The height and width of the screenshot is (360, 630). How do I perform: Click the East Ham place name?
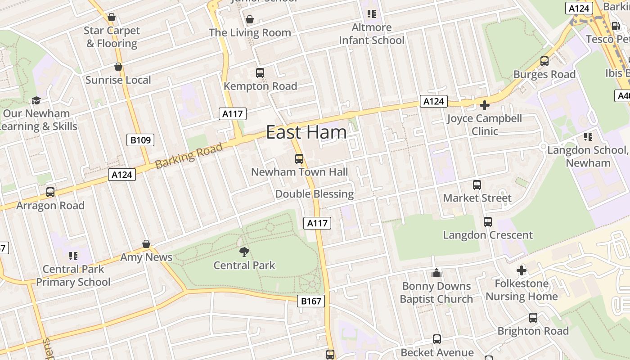tap(306, 132)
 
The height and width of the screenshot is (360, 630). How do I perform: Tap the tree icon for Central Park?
tap(244, 252)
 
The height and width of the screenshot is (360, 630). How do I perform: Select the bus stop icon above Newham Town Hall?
tap(299, 158)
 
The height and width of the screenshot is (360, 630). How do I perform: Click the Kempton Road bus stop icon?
tap(260, 72)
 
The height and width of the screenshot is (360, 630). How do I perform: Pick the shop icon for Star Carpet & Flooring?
tap(112, 18)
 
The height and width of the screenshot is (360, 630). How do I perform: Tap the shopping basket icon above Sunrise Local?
tap(118, 67)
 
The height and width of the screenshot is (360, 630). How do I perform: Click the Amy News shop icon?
tap(146, 244)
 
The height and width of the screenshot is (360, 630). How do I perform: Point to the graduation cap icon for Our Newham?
tap(36, 100)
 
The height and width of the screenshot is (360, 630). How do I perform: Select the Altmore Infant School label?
tap(372, 34)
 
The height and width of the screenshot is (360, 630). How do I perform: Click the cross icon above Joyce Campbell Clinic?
tap(485, 105)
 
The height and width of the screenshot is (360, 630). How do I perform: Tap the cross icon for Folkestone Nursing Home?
tap(522, 270)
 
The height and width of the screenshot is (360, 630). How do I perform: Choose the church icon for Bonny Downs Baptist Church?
tap(436, 273)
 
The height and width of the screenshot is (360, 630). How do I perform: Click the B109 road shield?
tap(140, 140)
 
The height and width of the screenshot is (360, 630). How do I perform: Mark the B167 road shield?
tap(311, 301)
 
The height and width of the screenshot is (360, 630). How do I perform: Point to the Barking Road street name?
tap(189, 156)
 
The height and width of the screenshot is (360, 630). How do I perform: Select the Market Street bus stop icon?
tap(477, 184)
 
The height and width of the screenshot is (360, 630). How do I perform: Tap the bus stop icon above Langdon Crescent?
tap(488, 221)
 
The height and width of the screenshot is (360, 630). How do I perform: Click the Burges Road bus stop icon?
tap(544, 61)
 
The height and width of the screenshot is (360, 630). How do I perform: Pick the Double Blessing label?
tap(315, 194)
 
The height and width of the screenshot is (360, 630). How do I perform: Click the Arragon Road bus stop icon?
tap(50, 192)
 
